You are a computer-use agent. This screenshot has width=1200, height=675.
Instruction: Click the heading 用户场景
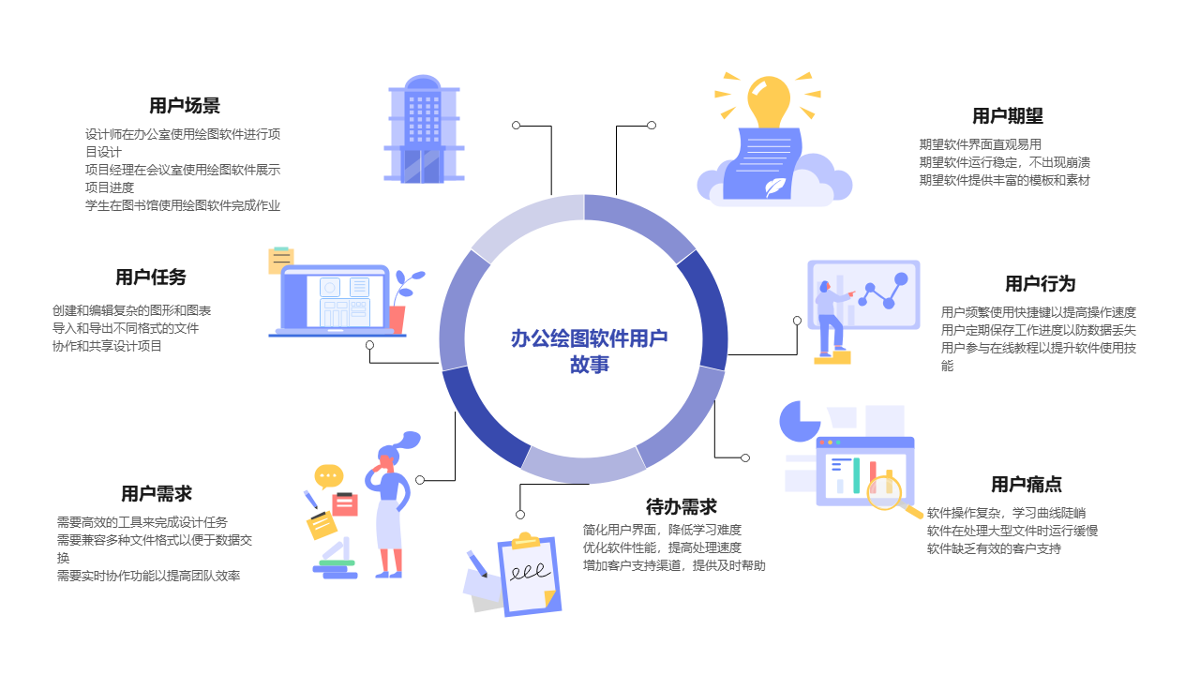pyautogui.click(x=185, y=106)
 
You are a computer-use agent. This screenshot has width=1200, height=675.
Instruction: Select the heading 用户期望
pyautogui.click(x=1007, y=116)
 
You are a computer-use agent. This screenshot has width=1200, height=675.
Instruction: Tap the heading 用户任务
pyautogui.click(x=151, y=277)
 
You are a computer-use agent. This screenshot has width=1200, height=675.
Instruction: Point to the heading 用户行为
pyautogui.click(x=1040, y=284)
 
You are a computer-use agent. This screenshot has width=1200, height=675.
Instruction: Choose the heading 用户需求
pyautogui.click(x=156, y=494)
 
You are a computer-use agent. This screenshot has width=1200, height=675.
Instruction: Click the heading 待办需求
pyautogui.click(x=681, y=507)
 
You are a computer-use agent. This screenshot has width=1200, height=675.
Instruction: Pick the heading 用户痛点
pyautogui.click(x=1026, y=485)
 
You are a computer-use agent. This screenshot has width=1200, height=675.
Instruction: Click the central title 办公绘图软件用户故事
pyautogui.click(x=589, y=351)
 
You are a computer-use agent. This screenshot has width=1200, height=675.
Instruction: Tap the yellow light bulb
pyautogui.click(x=769, y=102)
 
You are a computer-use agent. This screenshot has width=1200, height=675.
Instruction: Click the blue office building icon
pyautogui.click(x=423, y=129)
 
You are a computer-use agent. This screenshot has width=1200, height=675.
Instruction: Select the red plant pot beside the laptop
pyautogui.click(x=397, y=320)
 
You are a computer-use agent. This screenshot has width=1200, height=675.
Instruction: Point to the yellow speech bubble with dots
pyautogui.click(x=328, y=476)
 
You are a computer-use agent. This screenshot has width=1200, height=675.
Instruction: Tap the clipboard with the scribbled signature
pyautogui.click(x=530, y=575)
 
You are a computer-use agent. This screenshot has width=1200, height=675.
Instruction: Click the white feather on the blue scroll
pyautogui.click(x=774, y=187)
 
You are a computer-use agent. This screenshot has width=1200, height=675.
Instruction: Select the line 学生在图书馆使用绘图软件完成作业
pyautogui.click(x=183, y=205)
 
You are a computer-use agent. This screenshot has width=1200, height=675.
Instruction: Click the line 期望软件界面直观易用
pyautogui.click(x=980, y=144)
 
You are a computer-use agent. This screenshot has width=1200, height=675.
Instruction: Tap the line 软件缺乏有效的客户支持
pyautogui.click(x=994, y=549)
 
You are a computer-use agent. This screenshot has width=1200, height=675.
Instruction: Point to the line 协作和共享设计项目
pyautogui.click(x=107, y=346)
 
